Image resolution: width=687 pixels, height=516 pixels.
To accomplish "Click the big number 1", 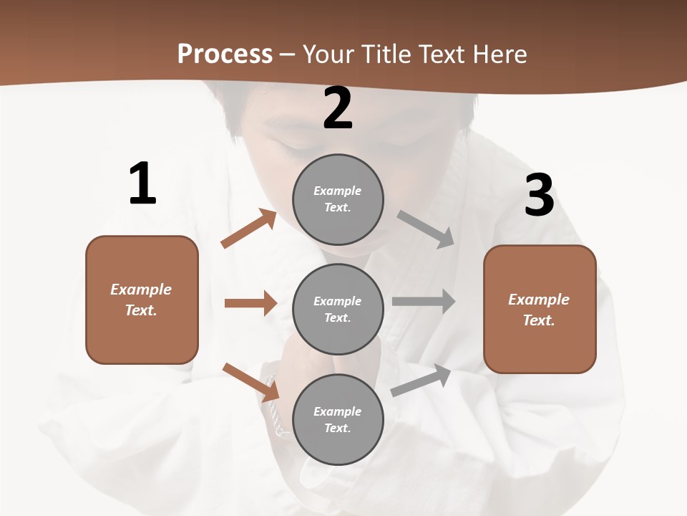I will click(x=142, y=183).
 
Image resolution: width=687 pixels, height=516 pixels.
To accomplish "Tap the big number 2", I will click(x=338, y=108).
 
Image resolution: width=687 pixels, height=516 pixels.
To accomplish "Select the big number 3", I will click(x=539, y=196).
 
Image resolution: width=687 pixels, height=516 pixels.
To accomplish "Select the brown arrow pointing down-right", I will click(x=250, y=382).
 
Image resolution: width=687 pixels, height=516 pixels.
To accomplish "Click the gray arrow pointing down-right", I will click(x=426, y=229).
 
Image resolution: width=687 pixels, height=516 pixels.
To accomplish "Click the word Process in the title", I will click(x=225, y=54).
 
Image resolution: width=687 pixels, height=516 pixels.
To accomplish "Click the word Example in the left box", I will click(x=141, y=290).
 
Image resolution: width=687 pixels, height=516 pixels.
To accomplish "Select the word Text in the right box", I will click(x=538, y=320).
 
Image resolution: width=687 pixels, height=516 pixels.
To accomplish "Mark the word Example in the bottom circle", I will click(x=338, y=411).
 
